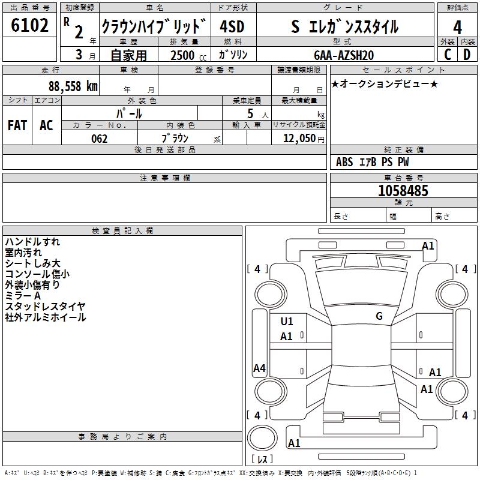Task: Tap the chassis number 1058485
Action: point(403,191)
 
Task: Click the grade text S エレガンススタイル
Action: point(344,26)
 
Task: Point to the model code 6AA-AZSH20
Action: point(344,55)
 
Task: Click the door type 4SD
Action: point(233,26)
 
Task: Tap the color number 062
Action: point(99,139)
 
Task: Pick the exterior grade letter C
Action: point(448,55)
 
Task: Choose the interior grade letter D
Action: point(467,55)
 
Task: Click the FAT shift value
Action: point(17,125)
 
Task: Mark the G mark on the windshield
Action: point(379,316)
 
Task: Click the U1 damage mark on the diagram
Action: point(287,322)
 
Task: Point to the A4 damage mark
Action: point(259,368)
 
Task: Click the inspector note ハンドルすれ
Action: point(32,242)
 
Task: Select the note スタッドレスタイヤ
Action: point(46,307)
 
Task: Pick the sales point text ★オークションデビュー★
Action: point(385,83)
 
